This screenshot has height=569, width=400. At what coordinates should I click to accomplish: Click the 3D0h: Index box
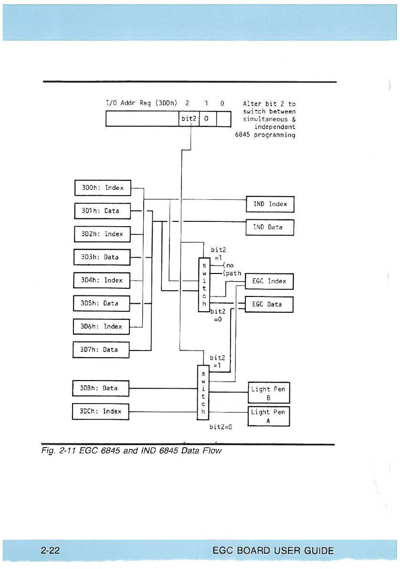click(103, 188)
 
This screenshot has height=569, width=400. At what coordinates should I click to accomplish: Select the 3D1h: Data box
click(103, 211)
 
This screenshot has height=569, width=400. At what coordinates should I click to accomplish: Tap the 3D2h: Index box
click(103, 234)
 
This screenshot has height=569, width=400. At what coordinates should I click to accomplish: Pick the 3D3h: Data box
click(102, 257)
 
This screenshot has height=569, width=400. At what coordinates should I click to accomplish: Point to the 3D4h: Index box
click(102, 280)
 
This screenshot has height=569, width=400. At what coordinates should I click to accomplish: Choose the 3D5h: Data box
click(102, 303)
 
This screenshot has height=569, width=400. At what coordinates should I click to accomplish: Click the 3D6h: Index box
click(102, 327)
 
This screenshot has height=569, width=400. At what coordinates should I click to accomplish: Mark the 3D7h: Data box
click(101, 350)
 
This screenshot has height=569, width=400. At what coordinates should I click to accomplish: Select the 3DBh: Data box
click(101, 388)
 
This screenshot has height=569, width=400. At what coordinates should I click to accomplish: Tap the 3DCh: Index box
click(101, 411)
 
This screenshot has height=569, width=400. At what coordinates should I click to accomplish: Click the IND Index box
click(270, 204)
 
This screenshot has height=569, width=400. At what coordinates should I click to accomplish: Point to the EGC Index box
click(269, 281)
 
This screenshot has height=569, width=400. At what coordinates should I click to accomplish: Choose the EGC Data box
click(269, 304)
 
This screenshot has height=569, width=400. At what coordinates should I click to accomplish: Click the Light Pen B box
click(269, 393)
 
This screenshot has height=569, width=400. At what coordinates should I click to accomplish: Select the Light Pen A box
click(269, 416)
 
